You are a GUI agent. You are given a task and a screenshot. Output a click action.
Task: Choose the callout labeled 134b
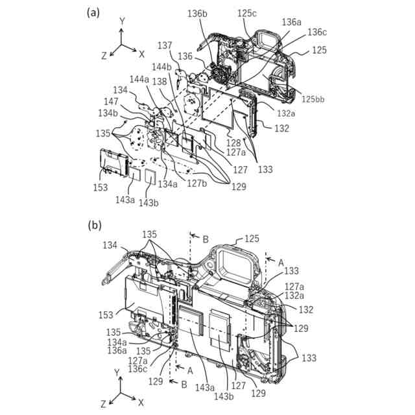point(108,114)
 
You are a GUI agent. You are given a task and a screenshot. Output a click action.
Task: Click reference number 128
point(233,142)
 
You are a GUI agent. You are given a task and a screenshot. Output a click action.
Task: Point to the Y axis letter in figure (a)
point(121,21)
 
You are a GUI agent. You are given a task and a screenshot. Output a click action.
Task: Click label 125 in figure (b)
point(252,239)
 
